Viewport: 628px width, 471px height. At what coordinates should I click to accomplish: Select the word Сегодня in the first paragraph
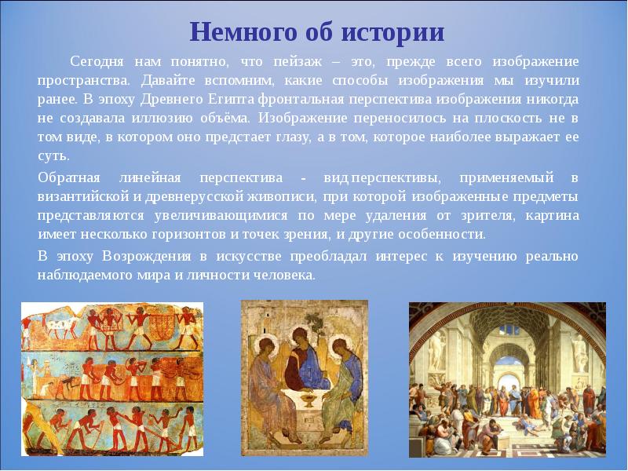click(98, 60)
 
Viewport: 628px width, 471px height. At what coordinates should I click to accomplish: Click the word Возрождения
click(147, 256)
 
